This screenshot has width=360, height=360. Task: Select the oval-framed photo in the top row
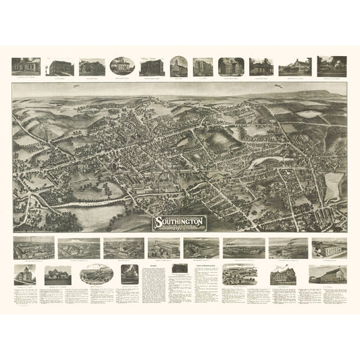pyautogui.click(x=122, y=66)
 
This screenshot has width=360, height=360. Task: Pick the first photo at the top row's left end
pyautogui.click(x=26, y=66)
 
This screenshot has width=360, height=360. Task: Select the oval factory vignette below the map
pyautogui.click(x=97, y=274)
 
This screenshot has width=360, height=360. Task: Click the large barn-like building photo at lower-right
pyautogui.click(x=327, y=274)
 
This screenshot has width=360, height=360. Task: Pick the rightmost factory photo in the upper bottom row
pyautogui.click(x=330, y=247)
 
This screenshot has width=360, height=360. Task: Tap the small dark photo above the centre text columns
pyautogui.click(x=180, y=269)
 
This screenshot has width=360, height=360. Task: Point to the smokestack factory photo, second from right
pyautogui.click(x=287, y=248)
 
